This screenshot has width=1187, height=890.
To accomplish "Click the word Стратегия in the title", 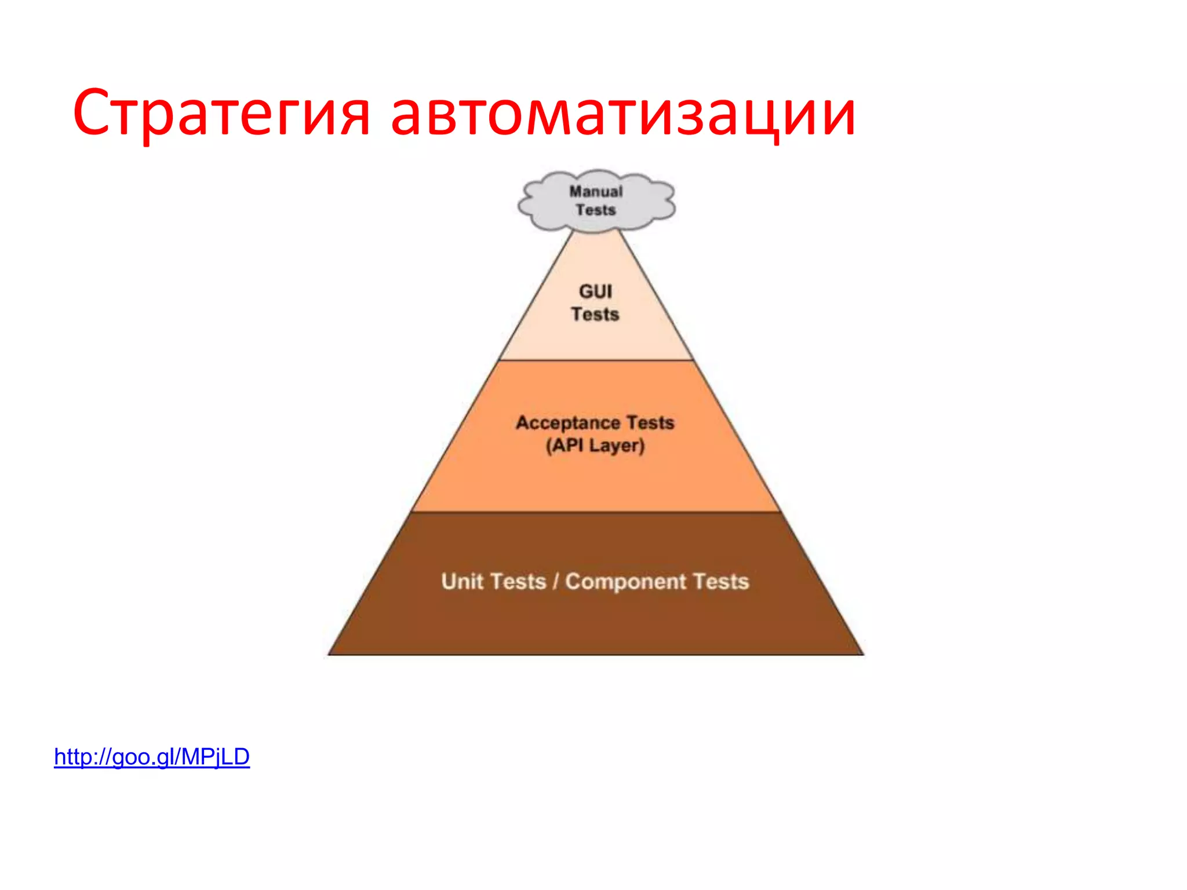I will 221,113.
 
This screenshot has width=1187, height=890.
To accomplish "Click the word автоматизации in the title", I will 623,113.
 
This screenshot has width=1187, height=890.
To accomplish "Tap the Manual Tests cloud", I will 596,200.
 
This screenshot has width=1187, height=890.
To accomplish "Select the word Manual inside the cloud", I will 596,191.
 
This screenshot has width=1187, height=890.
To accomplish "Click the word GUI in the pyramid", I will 595,291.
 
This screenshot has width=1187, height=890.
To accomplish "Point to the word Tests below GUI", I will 595,314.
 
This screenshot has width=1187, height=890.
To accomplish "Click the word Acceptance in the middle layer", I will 568,423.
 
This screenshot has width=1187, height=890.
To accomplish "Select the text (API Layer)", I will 595,446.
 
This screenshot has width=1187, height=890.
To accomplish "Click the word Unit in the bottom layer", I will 461,581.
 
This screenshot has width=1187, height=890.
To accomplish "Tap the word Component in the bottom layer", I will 625,581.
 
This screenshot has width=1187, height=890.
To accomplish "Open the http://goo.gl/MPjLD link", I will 152,757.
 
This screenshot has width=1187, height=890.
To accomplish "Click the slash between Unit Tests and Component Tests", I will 555,581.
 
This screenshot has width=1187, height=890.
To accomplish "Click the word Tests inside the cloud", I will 596,210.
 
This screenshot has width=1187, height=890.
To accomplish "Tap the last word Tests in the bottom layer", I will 721,581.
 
